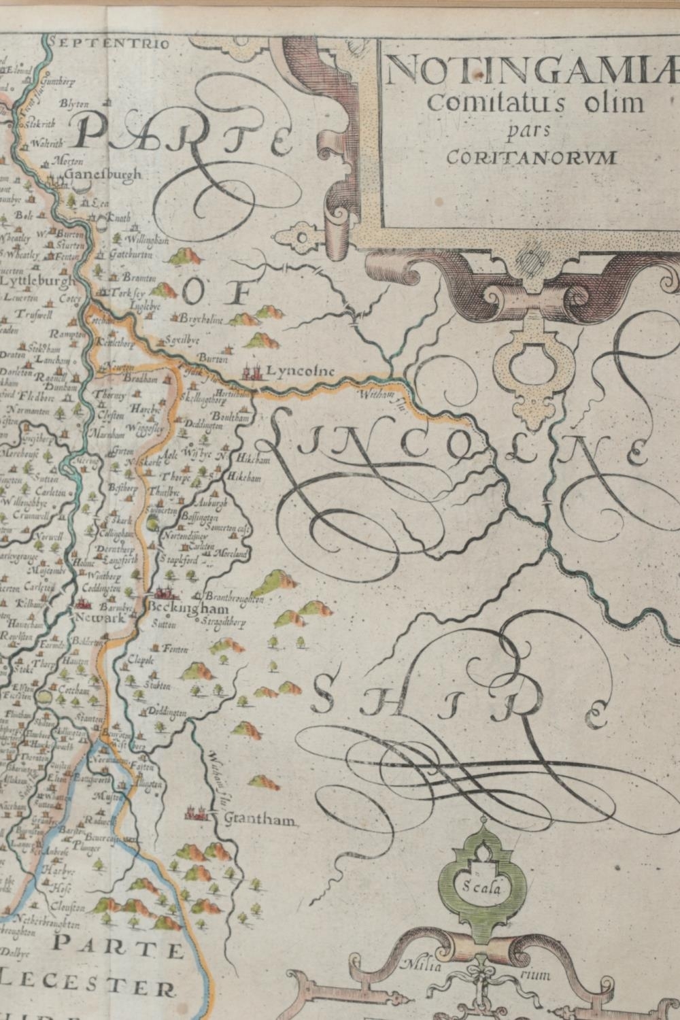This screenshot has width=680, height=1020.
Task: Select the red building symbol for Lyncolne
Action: tap(252, 371)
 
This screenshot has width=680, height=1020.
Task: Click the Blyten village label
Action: tap(73, 103)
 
